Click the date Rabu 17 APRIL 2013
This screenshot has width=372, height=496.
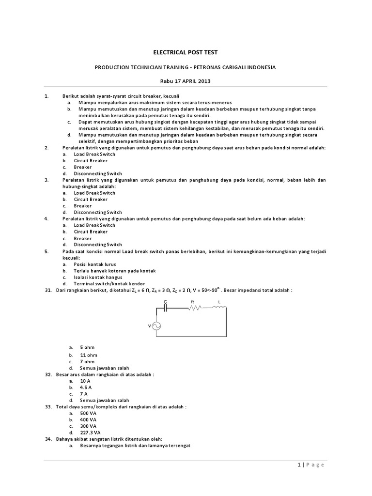click(x=186, y=81)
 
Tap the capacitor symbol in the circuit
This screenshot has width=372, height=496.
click(x=166, y=309)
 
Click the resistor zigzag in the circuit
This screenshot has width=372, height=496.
click(x=192, y=309)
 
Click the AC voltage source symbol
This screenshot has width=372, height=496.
click(x=157, y=326)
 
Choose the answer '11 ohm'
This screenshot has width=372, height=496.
click(x=89, y=355)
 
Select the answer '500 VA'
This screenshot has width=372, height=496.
click(x=88, y=413)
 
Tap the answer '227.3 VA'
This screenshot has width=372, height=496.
click(x=91, y=433)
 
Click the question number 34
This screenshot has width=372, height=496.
click(x=48, y=439)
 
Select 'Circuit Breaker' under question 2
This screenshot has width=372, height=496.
click(x=91, y=160)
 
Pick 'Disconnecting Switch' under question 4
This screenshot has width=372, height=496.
click(x=98, y=245)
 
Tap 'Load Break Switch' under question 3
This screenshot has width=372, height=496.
click(x=94, y=193)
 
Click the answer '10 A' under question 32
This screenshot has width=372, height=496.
click(x=86, y=381)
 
